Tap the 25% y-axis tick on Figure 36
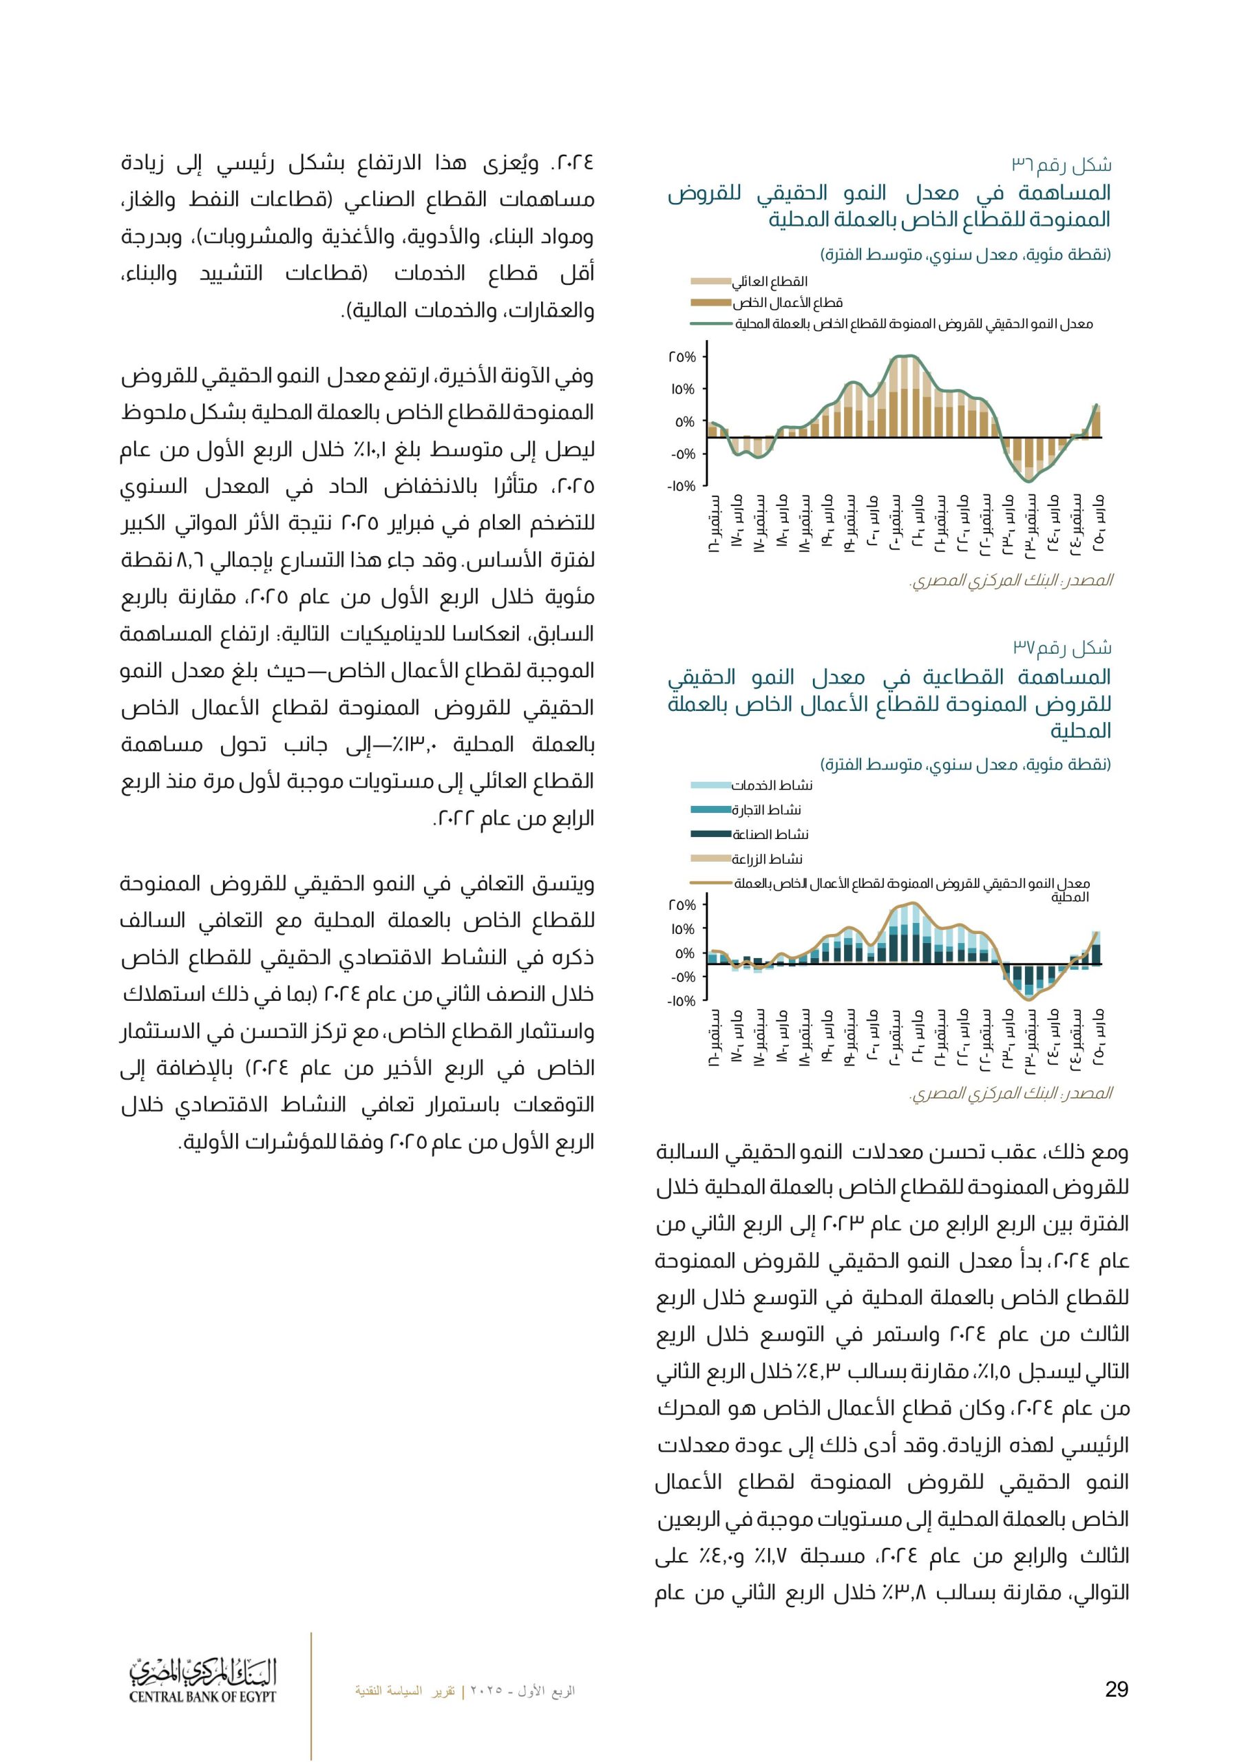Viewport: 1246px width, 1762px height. (682, 358)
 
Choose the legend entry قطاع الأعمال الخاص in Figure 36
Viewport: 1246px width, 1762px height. (787, 303)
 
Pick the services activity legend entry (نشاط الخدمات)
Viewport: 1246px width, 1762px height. (772, 785)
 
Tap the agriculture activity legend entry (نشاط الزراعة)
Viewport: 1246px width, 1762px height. (767, 859)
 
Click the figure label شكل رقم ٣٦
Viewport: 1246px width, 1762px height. (1061, 165)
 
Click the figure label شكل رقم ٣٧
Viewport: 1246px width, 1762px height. (1062, 648)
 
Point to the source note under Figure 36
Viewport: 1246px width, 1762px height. (1011, 581)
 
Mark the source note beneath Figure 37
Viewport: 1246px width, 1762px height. (1011, 1093)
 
